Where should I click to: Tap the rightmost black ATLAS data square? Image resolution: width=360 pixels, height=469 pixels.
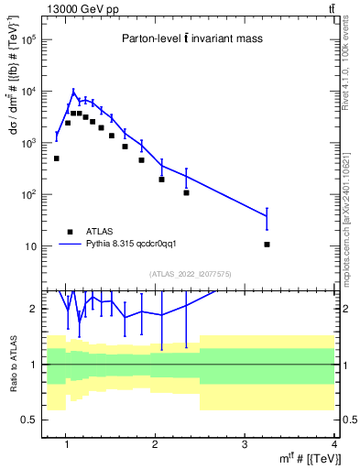267,245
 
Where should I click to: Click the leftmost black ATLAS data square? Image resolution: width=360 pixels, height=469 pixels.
57,158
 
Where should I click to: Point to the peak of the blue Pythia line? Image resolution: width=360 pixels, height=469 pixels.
74,91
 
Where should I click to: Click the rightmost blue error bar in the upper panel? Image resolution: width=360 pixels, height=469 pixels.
267,218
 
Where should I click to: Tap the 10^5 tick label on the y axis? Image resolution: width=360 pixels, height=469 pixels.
30,40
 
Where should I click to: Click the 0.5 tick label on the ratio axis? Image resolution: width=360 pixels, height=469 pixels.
28,420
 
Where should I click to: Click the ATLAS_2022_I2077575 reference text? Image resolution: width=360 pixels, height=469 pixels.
190,274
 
